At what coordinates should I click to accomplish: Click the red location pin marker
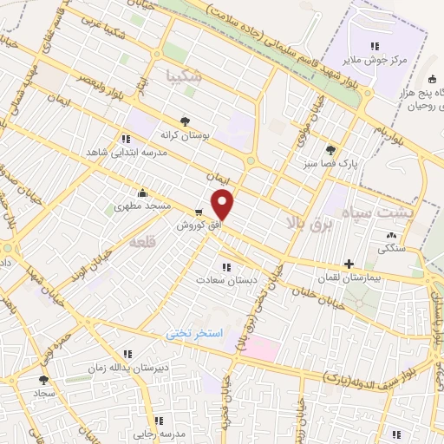pos(224,205)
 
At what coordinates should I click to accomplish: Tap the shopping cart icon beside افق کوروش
pos(200,212)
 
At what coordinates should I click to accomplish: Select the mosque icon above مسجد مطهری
pos(141,193)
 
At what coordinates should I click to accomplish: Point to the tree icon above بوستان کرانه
pos(183,121)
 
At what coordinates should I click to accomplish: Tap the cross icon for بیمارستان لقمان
pos(349,264)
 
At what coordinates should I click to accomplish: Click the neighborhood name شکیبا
pos(184,75)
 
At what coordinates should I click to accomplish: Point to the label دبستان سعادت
pos(224,281)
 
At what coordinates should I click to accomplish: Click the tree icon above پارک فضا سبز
pos(331,148)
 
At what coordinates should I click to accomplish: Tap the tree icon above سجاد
pos(42,379)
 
